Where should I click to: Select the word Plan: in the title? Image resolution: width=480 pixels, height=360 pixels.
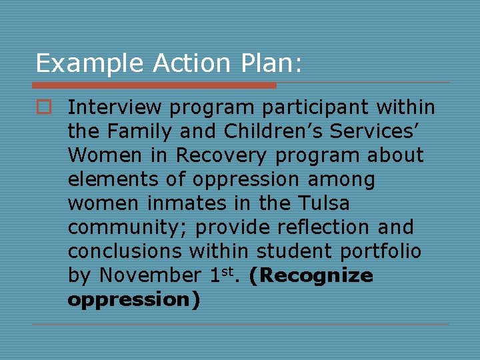268,64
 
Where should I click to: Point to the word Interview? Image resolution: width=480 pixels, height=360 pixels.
115,107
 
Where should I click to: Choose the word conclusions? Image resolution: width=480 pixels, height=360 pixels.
125,251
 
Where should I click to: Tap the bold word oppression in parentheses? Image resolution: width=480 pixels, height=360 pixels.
130,300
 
